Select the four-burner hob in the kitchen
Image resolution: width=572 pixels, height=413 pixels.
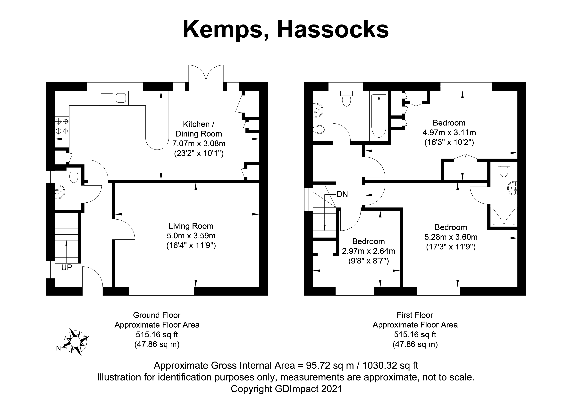point(62,126)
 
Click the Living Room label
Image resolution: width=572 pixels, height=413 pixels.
point(191,226)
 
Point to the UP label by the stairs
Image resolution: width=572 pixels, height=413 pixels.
point(67,267)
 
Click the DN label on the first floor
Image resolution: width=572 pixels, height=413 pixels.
point(342,194)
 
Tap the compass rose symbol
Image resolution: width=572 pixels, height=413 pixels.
point(75,342)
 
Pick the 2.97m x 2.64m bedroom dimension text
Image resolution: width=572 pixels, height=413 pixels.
point(369,251)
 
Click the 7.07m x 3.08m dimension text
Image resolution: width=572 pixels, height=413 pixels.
point(199,144)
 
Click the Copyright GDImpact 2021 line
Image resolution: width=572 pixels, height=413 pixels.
point(286,389)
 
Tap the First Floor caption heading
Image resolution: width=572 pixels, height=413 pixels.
point(415,315)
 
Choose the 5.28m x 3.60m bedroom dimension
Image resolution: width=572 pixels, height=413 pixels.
point(451,237)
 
